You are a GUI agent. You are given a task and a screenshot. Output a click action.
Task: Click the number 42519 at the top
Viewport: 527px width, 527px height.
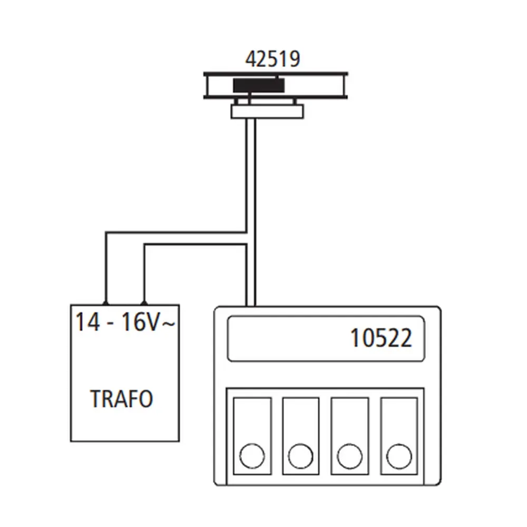pyautogui.click(x=272, y=58)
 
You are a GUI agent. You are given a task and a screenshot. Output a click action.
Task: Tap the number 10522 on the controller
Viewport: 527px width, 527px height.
pyautogui.click(x=381, y=338)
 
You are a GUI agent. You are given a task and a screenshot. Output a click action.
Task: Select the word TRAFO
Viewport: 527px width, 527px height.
pyautogui.click(x=122, y=399)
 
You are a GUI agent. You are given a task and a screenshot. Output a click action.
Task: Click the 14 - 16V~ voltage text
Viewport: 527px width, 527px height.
pyautogui.click(x=125, y=322)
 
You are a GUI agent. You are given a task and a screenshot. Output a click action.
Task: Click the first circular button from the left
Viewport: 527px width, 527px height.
pyautogui.click(x=252, y=456)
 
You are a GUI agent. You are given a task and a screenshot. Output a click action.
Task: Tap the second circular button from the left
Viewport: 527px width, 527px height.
pyautogui.click(x=300, y=456)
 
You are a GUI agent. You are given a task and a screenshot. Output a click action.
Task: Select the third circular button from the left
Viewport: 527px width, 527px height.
pyautogui.click(x=349, y=456)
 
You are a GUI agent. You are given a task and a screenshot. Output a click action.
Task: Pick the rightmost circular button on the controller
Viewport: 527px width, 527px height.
pyautogui.click(x=398, y=456)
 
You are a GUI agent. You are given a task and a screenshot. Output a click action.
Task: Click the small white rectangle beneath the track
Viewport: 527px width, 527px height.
pyautogui.click(x=267, y=111)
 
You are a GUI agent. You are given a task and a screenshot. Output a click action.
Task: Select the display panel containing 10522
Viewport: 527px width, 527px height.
pyautogui.click(x=326, y=338)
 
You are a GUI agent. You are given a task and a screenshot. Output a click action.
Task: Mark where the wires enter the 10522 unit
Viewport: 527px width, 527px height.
pyautogui.click(x=251, y=305)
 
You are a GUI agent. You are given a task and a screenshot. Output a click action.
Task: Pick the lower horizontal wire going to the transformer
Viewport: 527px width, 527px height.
pyautogui.click(x=195, y=244)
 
